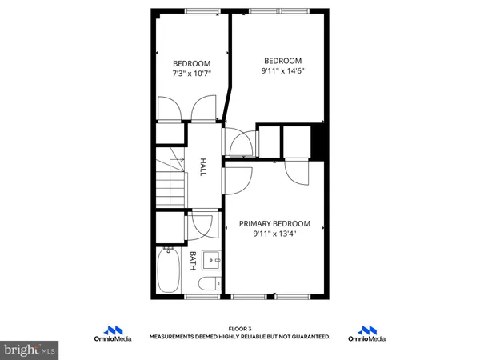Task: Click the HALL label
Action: [x=203, y=166]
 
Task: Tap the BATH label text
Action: [x=193, y=260]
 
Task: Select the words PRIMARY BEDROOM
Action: [x=274, y=224]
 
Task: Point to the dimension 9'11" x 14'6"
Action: [x=282, y=71]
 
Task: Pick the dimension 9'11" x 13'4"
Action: [x=274, y=234]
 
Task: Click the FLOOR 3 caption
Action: [x=239, y=328]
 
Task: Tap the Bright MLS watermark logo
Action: [x=30, y=349]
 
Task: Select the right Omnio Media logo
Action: [x=367, y=333]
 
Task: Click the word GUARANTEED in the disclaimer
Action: [x=307, y=337]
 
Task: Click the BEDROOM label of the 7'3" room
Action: [x=191, y=64]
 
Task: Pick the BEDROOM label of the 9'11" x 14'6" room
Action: [x=282, y=61]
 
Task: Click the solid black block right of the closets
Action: [x=318, y=142]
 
